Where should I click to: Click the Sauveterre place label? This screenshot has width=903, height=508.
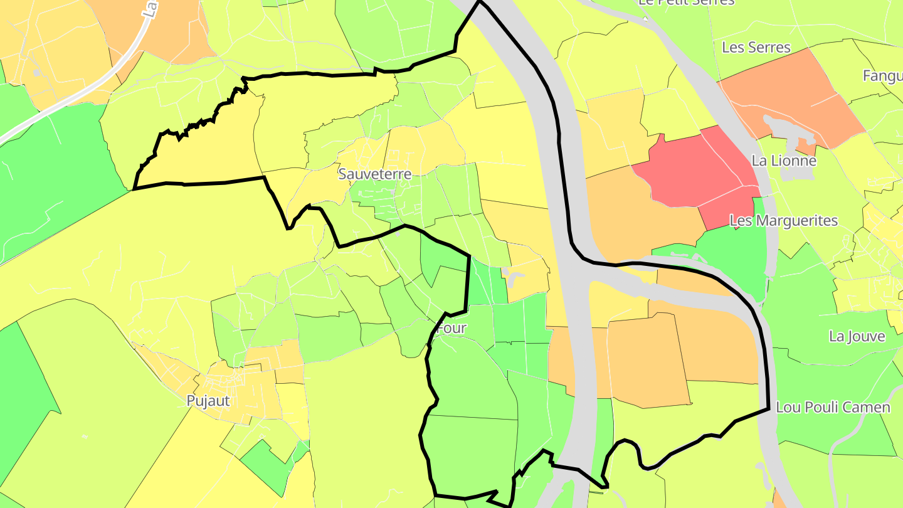coord(375,174)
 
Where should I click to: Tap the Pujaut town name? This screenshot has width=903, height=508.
coord(208,400)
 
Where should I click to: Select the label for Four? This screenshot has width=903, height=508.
coord(451,328)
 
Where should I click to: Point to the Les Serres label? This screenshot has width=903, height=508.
coord(756,47)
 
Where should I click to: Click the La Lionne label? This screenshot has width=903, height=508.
coord(784,161)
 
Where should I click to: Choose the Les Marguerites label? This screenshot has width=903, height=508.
coord(784,221)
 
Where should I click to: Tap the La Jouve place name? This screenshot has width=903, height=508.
coord(857,336)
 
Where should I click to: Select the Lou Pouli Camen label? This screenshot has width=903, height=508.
coord(833,407)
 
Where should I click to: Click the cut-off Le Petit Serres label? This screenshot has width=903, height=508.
coord(686,3)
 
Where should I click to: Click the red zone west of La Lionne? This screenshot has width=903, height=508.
coord(690,169)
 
